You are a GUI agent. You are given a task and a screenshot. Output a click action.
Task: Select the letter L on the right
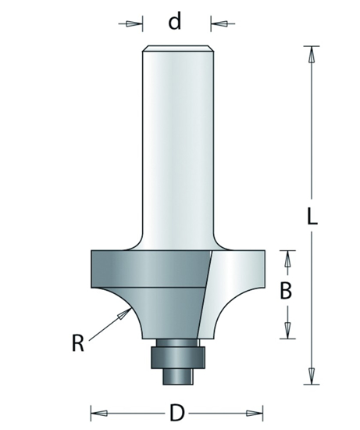(312, 219)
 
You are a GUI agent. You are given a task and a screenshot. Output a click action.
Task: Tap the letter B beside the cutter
(287, 292)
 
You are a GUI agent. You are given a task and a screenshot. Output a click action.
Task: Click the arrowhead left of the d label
(134, 23)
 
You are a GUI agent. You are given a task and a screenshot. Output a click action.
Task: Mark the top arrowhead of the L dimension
(311, 55)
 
